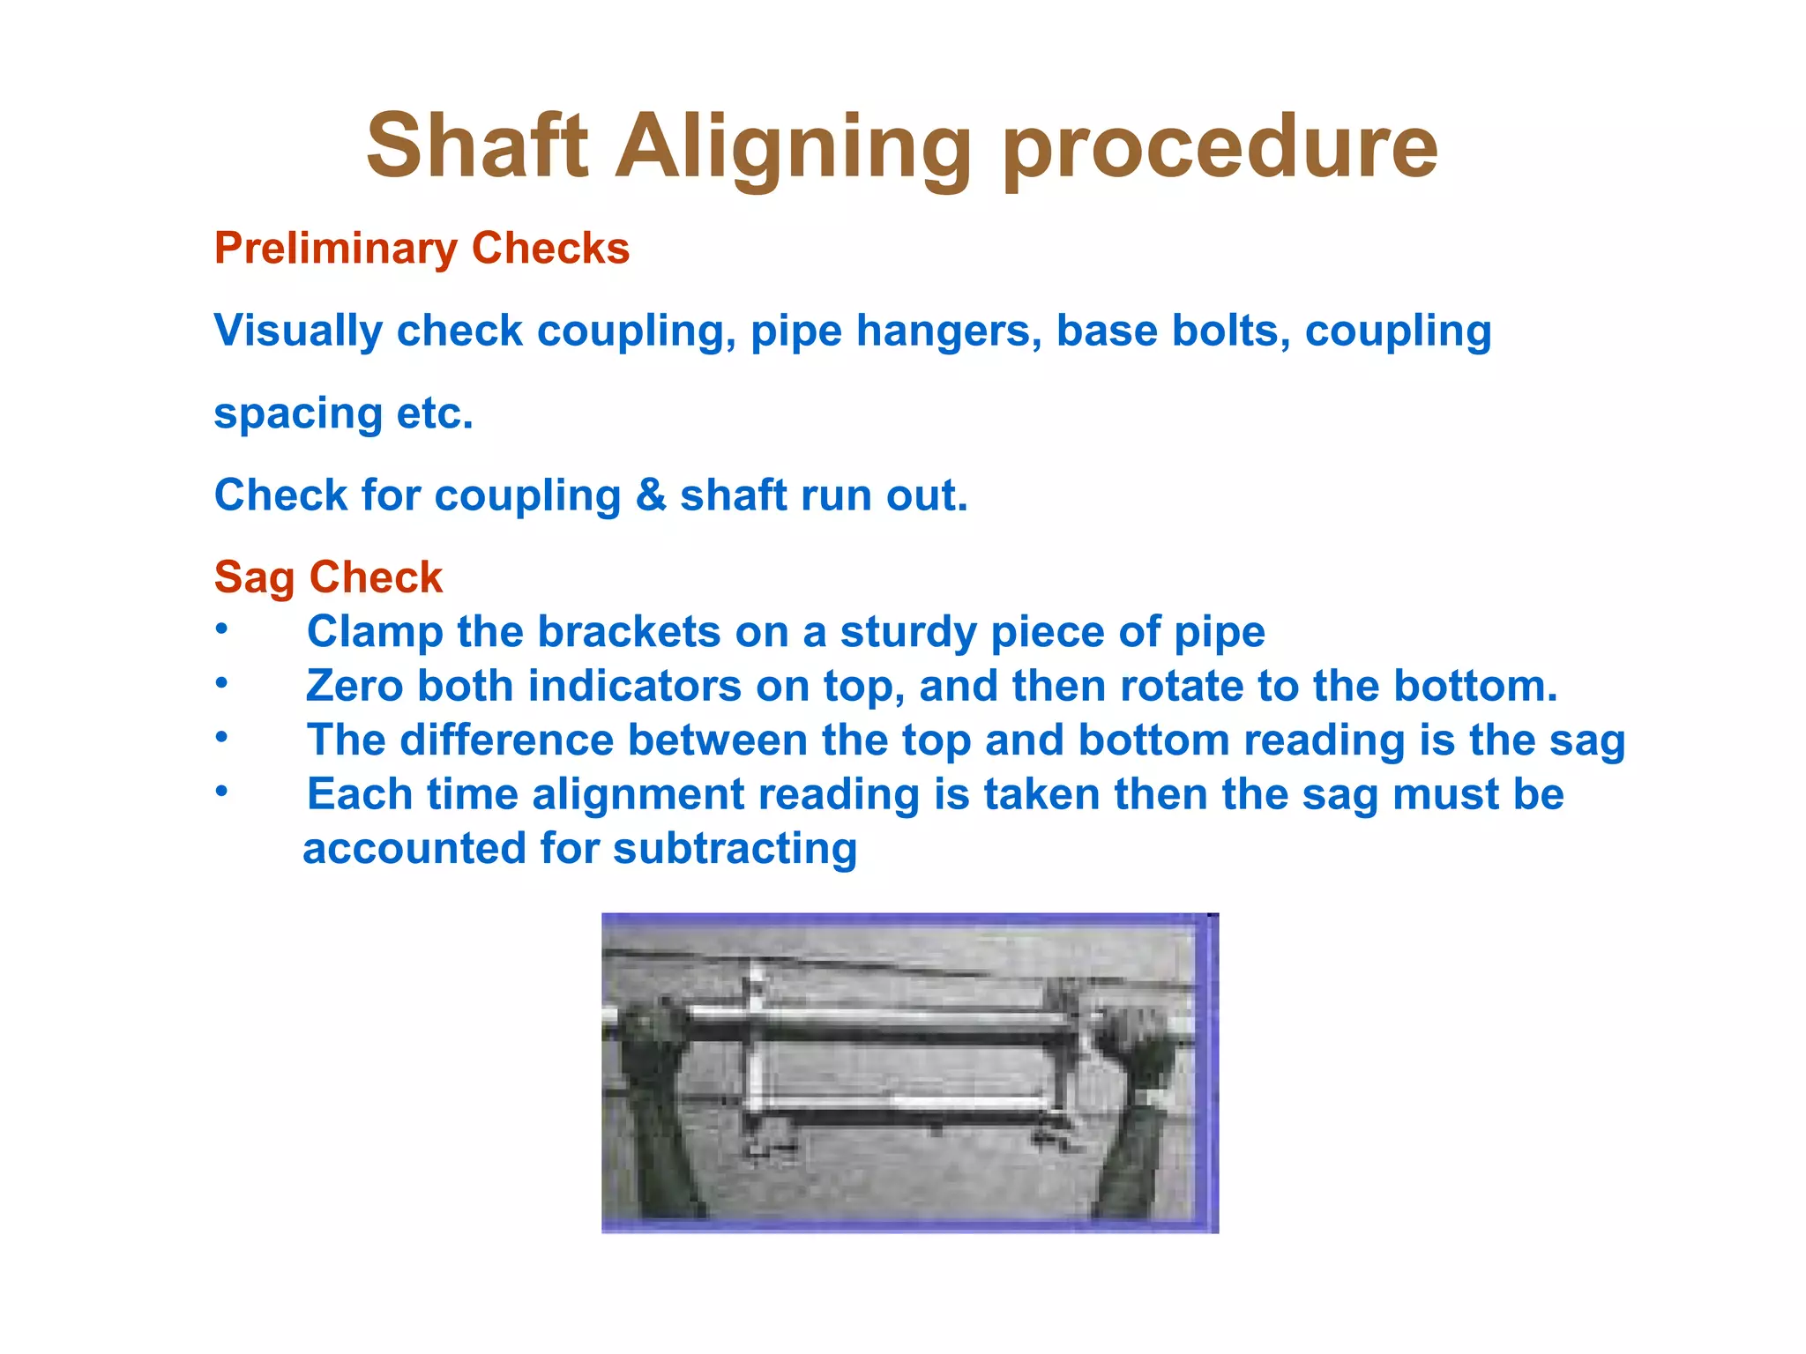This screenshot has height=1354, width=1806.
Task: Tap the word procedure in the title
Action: (1220, 147)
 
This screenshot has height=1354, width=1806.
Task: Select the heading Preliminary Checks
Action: (422, 249)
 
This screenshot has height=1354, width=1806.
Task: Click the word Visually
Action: (298, 332)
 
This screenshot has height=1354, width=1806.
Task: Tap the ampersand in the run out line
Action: (650, 495)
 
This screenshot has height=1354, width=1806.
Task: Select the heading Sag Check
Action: (328, 578)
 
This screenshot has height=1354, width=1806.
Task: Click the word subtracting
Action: (735, 849)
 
